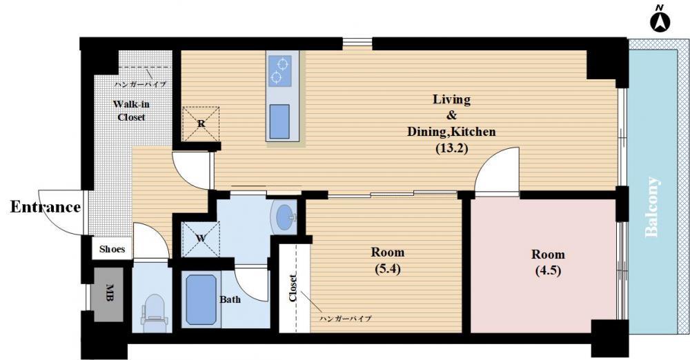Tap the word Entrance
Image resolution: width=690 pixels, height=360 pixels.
point(46,207)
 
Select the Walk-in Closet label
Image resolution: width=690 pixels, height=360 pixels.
point(131,110)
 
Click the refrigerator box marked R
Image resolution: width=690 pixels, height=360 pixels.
point(201,123)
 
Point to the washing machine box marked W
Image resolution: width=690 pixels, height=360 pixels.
point(201,239)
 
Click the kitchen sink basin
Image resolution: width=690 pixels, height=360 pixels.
point(279,121)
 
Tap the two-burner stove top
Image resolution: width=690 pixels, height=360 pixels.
point(279,71)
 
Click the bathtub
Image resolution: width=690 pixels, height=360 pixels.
point(201,300)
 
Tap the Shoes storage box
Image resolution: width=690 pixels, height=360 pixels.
point(112,249)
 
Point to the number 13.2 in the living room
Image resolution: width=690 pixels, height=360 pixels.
point(451,148)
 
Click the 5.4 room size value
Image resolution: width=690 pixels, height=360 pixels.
point(388,268)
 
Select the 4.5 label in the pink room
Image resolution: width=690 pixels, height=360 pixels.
point(549,270)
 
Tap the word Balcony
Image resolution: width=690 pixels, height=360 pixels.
point(652,207)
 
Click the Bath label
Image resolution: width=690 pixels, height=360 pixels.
point(230,300)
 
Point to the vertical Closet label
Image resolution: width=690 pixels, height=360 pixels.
point(293,288)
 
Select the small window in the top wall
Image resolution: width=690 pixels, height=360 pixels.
point(357,43)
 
